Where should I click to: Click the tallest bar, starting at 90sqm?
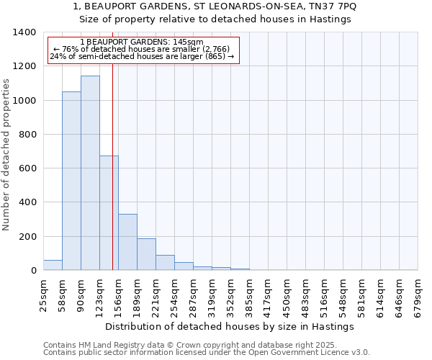point(90,173)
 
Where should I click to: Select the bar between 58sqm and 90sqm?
point(71,181)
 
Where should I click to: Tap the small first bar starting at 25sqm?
point(53,265)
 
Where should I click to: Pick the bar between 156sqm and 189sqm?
point(127,242)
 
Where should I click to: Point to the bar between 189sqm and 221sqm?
point(146,254)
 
